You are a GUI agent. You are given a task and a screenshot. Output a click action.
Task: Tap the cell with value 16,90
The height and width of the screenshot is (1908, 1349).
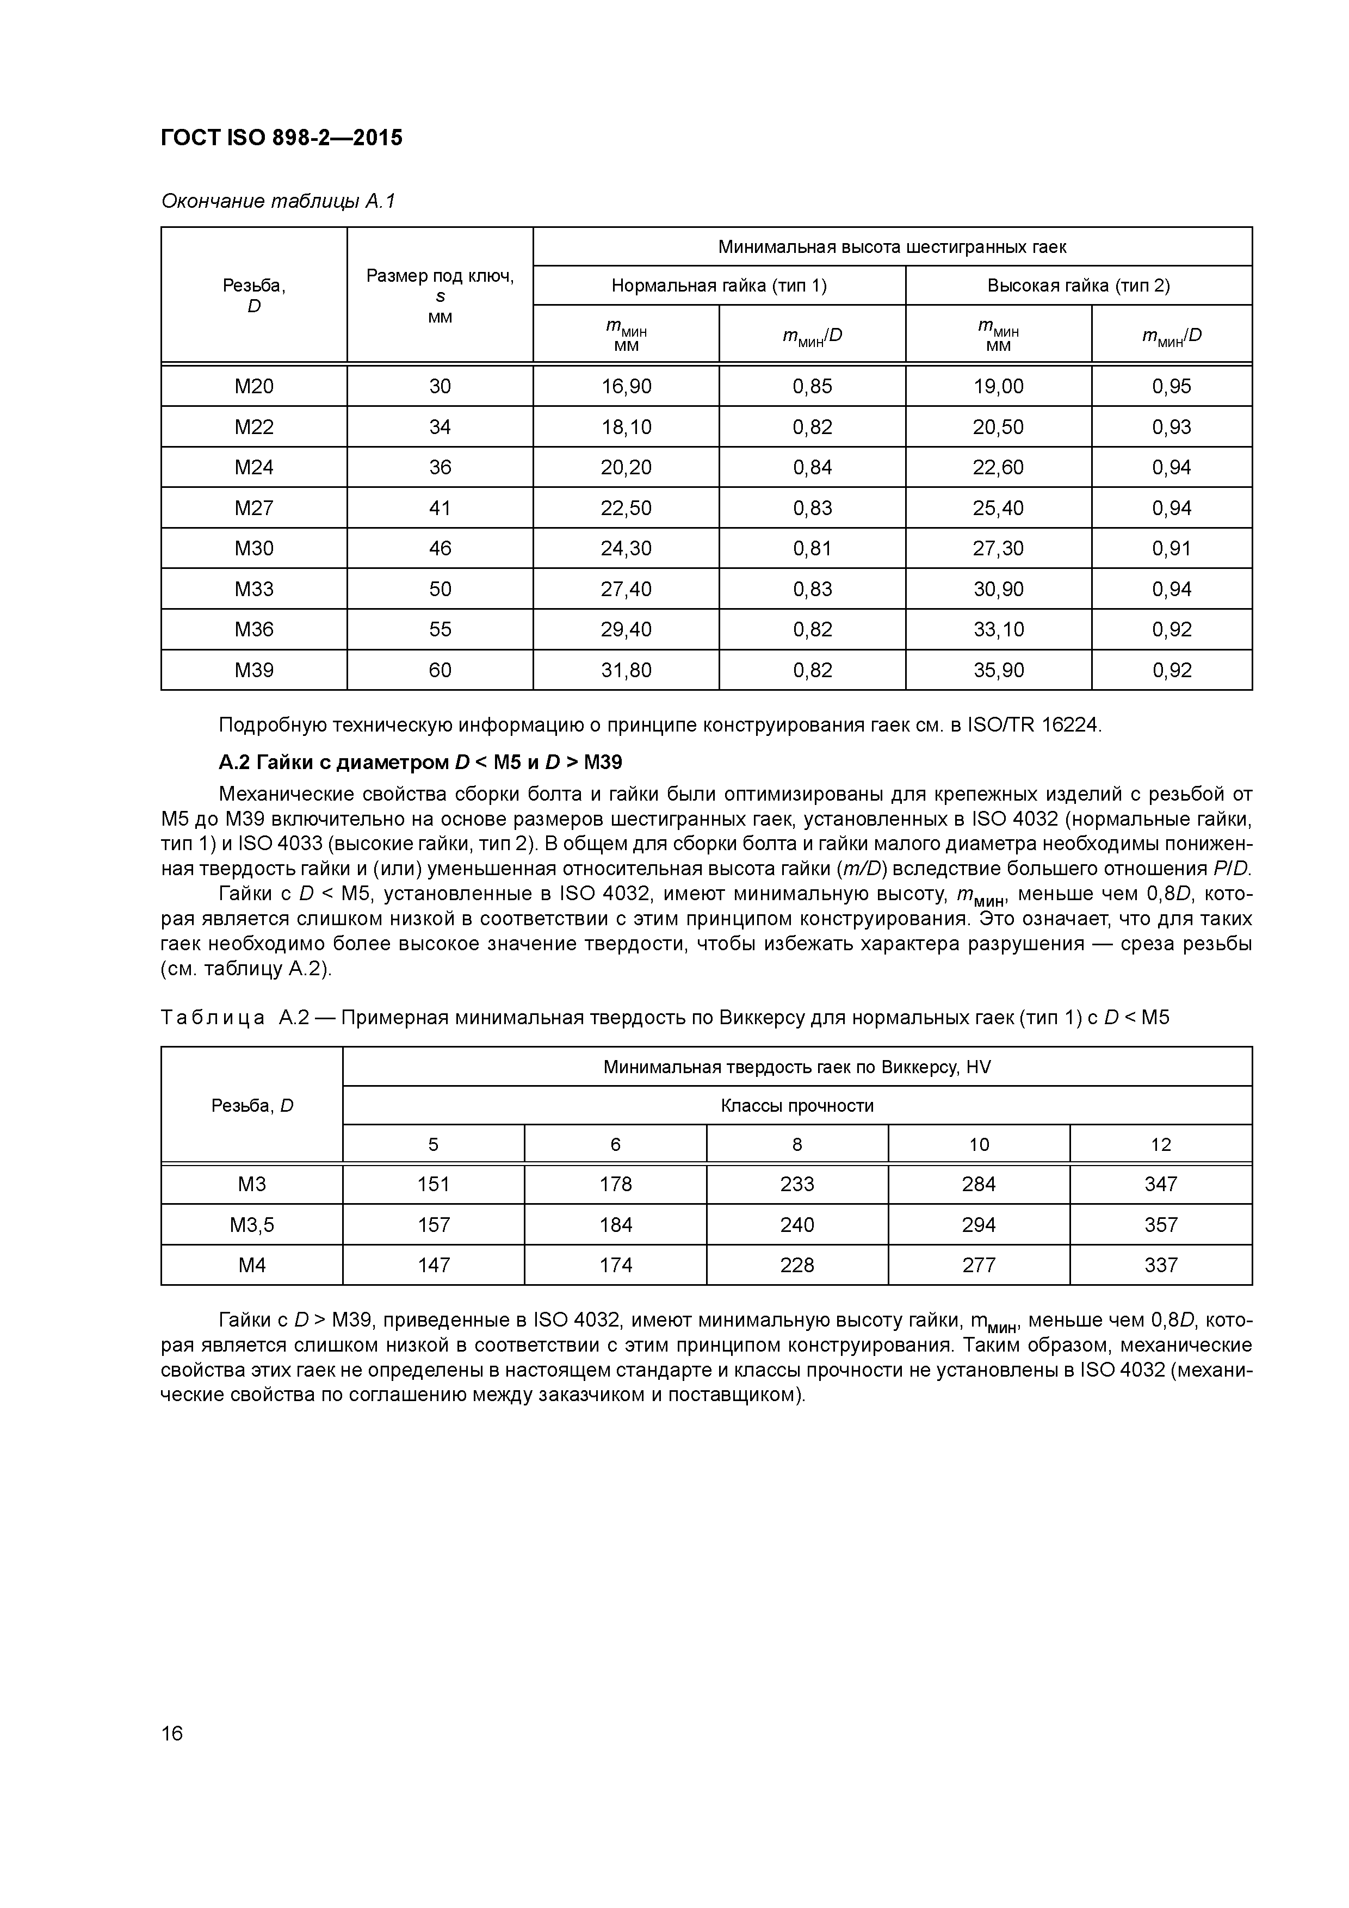coord(626,386)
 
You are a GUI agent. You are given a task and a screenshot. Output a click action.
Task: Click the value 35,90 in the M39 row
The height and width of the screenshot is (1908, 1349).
coord(998,670)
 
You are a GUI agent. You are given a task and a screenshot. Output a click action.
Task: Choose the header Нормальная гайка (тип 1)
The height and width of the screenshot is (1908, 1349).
coord(719,286)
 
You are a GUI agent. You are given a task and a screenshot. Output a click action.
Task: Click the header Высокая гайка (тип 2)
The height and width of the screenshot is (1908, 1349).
coord(1078,286)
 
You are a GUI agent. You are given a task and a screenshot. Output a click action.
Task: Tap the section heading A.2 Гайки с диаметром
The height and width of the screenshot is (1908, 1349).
coord(420,762)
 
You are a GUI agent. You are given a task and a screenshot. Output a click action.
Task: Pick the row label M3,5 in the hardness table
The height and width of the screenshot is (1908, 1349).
coord(252,1225)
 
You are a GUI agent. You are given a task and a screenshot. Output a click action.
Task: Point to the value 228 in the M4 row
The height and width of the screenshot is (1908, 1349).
coord(797,1265)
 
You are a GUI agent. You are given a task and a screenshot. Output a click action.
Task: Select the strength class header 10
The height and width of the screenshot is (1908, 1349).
coord(979,1144)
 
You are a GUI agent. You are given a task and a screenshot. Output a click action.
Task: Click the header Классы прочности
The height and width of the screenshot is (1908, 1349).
coord(797,1105)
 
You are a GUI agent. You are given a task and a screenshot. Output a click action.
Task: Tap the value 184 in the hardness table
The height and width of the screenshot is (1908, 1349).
coord(615,1225)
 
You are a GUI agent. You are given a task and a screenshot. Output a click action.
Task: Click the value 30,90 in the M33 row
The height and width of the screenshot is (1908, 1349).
coord(998,589)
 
